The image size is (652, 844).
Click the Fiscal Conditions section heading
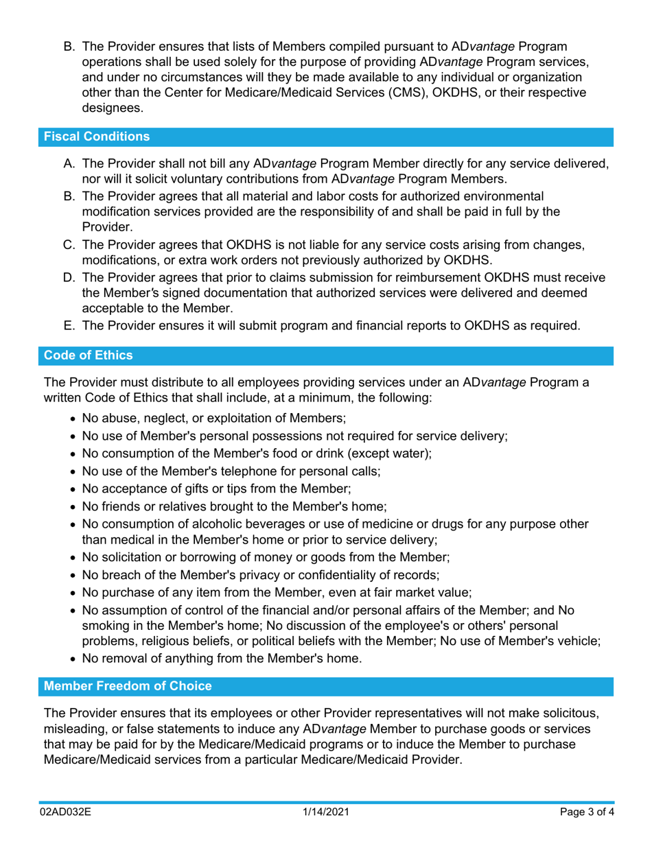97,137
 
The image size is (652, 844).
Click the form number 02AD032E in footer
65,812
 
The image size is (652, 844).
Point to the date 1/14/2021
326,812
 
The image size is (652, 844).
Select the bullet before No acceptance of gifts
74,490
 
